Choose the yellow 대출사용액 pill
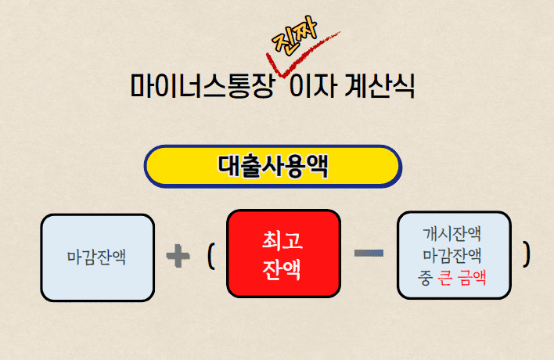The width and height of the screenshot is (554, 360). (x=272, y=167)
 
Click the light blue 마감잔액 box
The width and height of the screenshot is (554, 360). (x=97, y=257)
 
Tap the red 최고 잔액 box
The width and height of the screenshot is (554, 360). (x=283, y=254)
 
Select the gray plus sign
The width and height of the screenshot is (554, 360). (x=178, y=255)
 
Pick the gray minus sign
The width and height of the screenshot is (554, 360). (x=369, y=254)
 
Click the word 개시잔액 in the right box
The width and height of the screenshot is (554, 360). (x=452, y=233)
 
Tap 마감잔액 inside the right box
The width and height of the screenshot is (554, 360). (x=452, y=255)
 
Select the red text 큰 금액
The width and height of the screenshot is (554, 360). (x=462, y=277)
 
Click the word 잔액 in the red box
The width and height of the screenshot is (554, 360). (x=282, y=268)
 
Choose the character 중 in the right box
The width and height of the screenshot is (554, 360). (x=425, y=277)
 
